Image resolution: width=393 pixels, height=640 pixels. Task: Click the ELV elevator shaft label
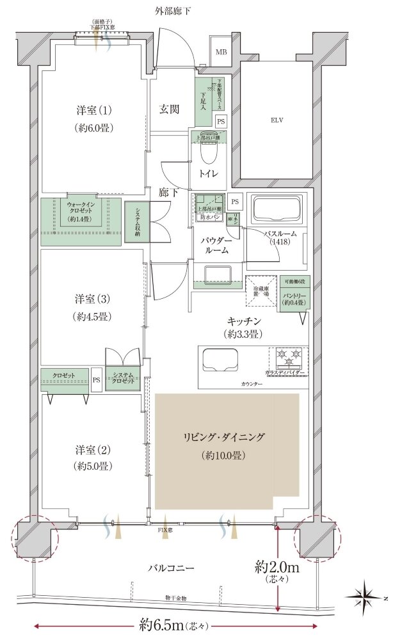(277, 120)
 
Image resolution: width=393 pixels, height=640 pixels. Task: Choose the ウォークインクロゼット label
(81, 211)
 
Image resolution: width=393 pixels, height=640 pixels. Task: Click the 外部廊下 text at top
(173, 10)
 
